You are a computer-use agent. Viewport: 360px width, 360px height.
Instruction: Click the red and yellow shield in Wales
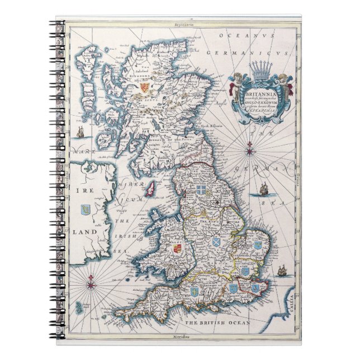[177, 247]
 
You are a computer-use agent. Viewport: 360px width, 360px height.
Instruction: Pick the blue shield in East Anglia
[258, 244]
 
